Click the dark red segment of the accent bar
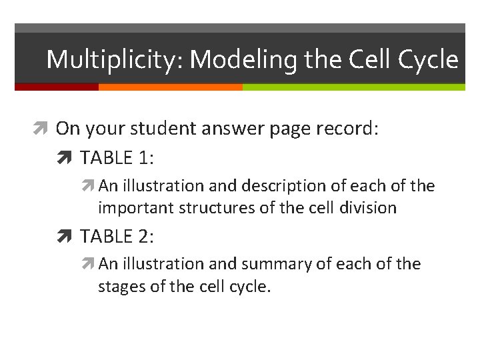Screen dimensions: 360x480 pyautogui.click(x=57, y=87)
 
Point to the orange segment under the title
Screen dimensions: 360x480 pyautogui.click(x=170, y=87)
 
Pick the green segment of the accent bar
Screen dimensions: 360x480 pyautogui.click(x=353, y=87)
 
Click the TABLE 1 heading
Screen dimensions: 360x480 pyautogui.click(x=117, y=158)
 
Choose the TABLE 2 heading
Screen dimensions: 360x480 pyautogui.click(x=117, y=236)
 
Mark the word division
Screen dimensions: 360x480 pyautogui.click(x=366, y=208)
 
